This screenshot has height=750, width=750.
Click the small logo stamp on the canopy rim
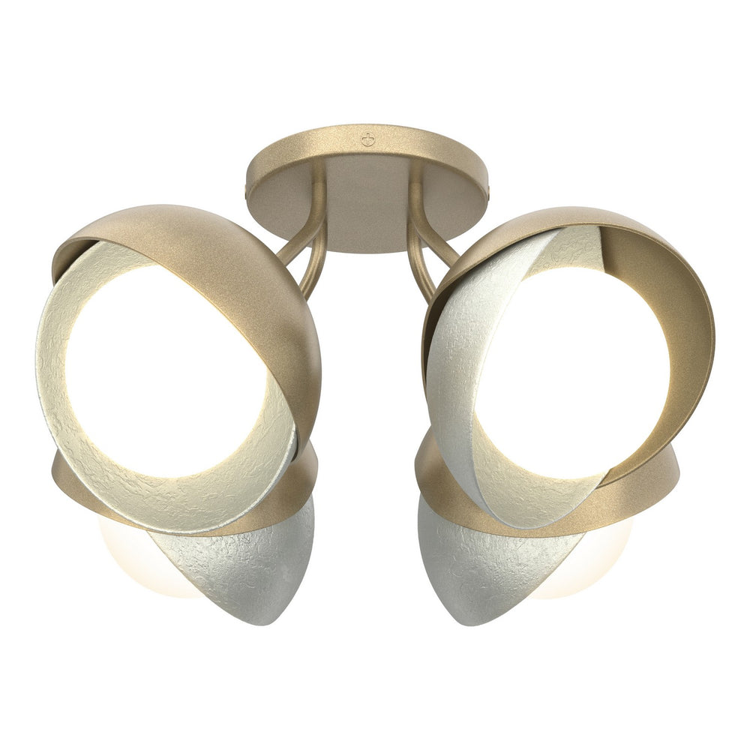[x=367, y=139]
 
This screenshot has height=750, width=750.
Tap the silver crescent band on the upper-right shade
[x=457, y=390]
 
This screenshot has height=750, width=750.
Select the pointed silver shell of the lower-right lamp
[x=480, y=570]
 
